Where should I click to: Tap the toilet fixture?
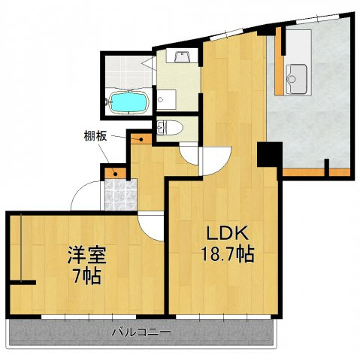pos(170,127)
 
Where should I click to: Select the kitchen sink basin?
pos(297,78)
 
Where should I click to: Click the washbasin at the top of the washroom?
pos(182,56)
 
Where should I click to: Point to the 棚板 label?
pos(95,136)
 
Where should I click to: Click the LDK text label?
pos(227,234)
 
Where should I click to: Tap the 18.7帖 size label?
pos(228,254)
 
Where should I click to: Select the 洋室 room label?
pos(87,255)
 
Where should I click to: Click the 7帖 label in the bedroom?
pos(86,276)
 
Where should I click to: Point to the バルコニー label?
pos(141,332)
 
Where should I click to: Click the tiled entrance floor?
pos(121,195)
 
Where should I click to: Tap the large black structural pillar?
pos(270,154)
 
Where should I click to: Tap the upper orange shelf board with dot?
pos(141,138)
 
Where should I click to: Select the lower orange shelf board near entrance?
pos(115,173)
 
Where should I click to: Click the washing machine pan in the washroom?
pos(166,99)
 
